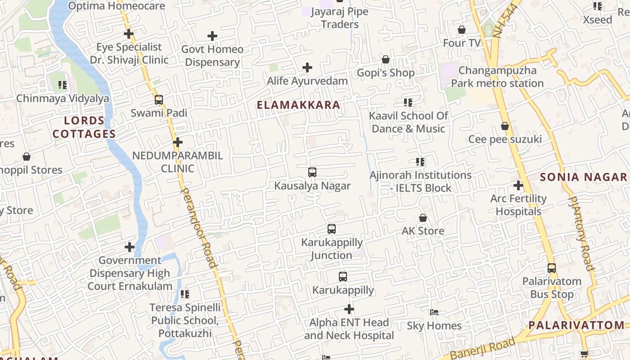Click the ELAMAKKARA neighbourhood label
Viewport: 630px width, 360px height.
298,105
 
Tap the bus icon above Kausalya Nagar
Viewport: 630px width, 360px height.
312,172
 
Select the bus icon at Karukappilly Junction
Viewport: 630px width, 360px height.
332,229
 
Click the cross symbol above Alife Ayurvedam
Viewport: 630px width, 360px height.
307,68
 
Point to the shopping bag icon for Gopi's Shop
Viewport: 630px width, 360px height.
386,59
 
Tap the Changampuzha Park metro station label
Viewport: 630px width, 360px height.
497,77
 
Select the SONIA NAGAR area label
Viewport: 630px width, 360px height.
583,177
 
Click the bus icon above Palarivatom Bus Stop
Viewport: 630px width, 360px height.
552,268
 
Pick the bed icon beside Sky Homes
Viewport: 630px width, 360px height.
434,312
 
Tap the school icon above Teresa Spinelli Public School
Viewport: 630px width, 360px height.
185,294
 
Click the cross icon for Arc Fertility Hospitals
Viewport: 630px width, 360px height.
518,185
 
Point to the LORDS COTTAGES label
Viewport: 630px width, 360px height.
84,127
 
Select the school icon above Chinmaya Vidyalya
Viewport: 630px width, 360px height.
63,85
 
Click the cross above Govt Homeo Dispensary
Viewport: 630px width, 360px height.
212,36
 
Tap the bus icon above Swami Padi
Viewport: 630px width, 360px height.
159,100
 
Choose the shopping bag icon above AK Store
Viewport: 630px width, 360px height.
423,218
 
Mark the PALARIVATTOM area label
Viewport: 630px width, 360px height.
576,325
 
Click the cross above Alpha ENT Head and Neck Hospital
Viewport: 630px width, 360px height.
349,309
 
